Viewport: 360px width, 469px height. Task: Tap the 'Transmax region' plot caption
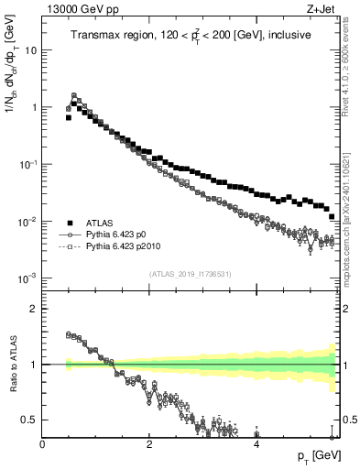(x=191, y=35)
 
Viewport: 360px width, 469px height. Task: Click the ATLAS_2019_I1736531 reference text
(x=191, y=274)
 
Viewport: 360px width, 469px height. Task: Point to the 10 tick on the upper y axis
(x=32, y=50)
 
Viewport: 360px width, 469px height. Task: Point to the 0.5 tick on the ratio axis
(x=30, y=420)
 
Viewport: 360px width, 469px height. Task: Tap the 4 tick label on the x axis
(x=256, y=444)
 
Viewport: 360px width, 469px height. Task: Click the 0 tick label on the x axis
(x=42, y=444)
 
